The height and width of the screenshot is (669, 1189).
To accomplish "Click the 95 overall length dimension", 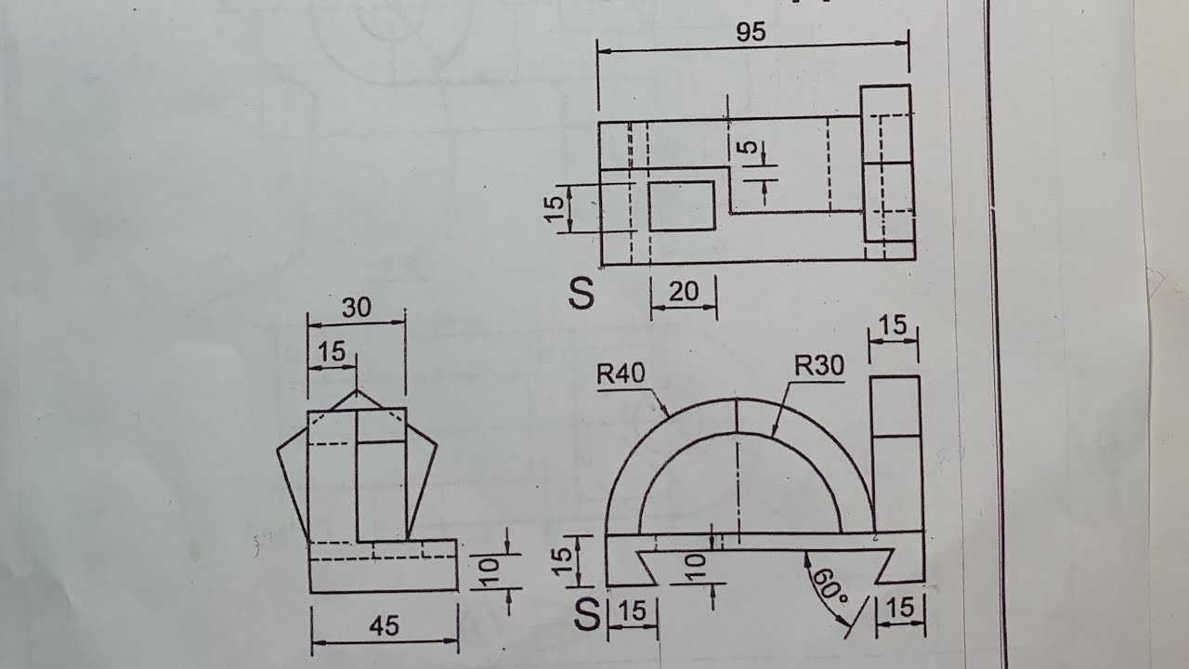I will pos(751,32).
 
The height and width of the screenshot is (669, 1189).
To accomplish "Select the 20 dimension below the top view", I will pos(683,292).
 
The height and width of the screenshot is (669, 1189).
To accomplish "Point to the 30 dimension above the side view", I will pos(357,308).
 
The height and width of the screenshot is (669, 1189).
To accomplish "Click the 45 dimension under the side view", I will pos(384,626).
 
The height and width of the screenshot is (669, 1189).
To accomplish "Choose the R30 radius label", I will pos(819,366).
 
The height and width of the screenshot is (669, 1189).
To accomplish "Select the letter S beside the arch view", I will pos(587,614).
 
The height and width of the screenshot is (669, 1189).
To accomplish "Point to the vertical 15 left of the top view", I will pos(555,209).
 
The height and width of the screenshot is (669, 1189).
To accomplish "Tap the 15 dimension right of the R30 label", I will pos(893,325).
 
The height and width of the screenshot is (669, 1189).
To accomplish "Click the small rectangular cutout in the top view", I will pos(681,206).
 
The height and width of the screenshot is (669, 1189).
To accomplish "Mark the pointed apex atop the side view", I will pos(357,391).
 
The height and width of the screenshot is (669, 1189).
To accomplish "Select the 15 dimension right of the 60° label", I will pos(900,608).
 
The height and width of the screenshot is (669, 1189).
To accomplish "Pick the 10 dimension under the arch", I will pos(695,564).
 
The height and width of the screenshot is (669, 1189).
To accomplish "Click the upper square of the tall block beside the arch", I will pos(895,406).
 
